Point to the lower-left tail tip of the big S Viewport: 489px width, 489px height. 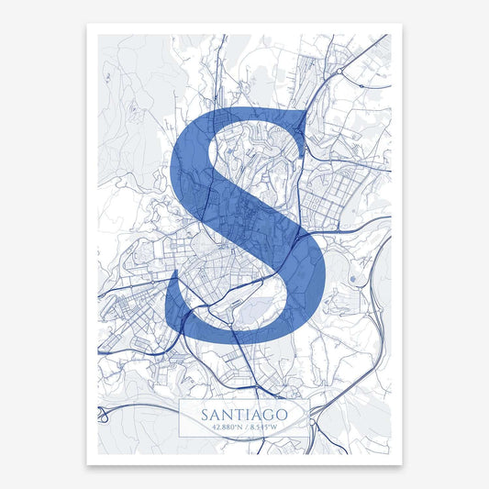(x=171, y=292)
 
